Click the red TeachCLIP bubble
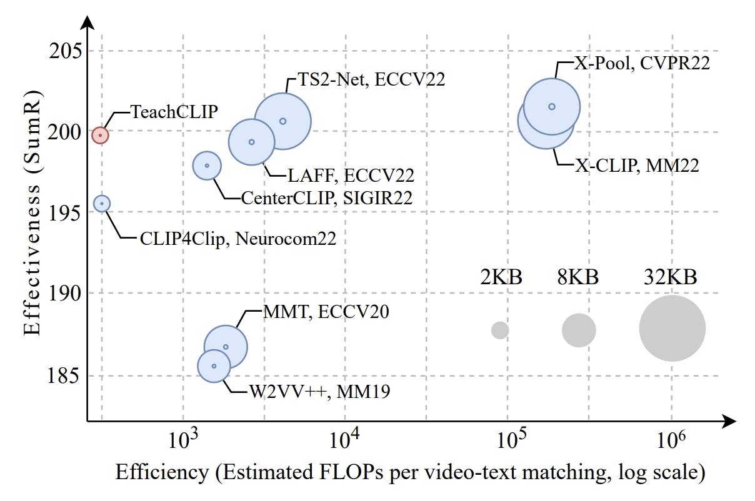[100, 134]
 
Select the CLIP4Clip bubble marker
[102, 203]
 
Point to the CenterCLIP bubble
[207, 166]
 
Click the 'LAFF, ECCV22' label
[351, 175]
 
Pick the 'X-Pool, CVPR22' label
[642, 63]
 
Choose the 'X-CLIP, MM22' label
[637, 166]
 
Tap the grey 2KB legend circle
[500, 330]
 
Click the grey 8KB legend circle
[579, 330]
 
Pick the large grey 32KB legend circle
[672, 329]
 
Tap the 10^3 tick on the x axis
[182, 441]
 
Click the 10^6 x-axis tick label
[672, 441]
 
